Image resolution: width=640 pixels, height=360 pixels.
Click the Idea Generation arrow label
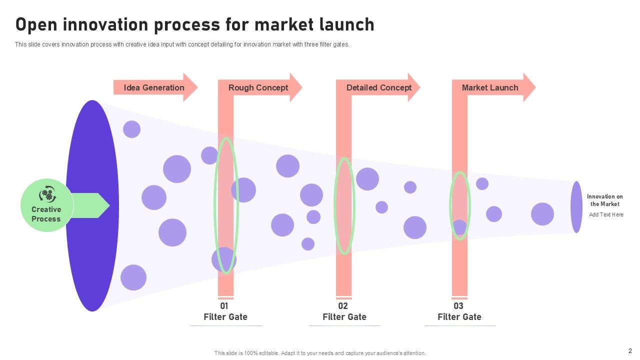tap(154, 88)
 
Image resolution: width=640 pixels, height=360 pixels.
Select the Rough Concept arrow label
tap(258, 88)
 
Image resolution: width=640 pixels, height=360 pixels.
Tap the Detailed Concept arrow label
tap(378, 88)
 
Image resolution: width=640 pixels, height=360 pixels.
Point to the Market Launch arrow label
tap(490, 88)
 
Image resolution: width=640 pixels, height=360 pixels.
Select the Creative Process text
tap(46, 214)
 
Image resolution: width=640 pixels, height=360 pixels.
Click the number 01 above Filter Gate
tap(224, 306)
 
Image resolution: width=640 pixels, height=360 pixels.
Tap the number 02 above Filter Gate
tap(343, 306)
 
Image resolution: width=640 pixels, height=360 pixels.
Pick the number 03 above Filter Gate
tap(458, 306)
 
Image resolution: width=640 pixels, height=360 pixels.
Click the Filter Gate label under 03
tap(459, 317)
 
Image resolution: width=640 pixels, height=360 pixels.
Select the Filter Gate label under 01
tap(225, 317)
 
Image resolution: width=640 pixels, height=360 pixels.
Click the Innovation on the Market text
tap(604, 200)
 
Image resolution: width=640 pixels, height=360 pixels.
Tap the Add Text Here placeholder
tap(606, 215)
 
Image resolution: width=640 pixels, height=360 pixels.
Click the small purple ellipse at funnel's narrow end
tap(576, 206)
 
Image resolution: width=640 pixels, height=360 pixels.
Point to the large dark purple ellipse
tap(92, 205)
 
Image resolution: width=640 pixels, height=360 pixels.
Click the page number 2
tap(630, 350)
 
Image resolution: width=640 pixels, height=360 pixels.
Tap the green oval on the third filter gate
tap(459, 205)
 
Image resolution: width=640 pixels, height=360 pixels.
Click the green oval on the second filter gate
tap(344, 205)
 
